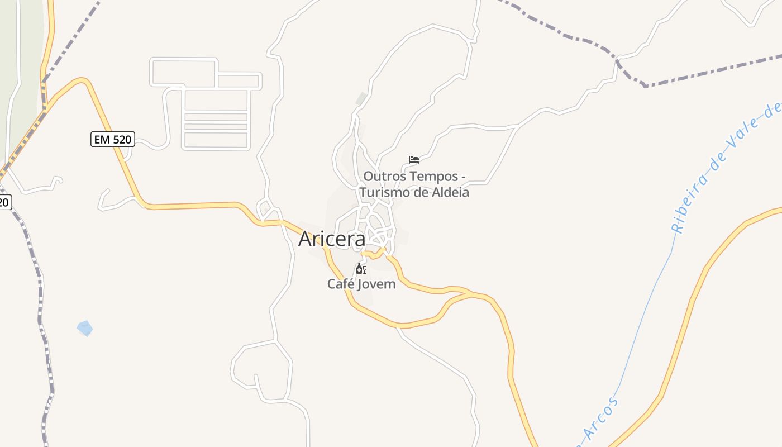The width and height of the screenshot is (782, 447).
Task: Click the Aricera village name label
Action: click(x=332, y=239)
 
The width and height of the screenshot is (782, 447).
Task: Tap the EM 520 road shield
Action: click(x=113, y=139)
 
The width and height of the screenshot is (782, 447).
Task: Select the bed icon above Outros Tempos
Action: click(x=414, y=160)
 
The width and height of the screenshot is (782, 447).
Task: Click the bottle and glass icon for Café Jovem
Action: click(x=361, y=269)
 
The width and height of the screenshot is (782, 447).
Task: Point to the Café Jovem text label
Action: click(x=361, y=284)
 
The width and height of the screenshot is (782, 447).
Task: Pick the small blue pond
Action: click(x=85, y=328)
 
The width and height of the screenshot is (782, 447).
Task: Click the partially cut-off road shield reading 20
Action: click(x=4, y=202)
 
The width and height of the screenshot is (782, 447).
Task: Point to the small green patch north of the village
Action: click(x=361, y=99)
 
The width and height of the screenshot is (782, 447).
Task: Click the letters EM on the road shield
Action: click(x=102, y=139)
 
